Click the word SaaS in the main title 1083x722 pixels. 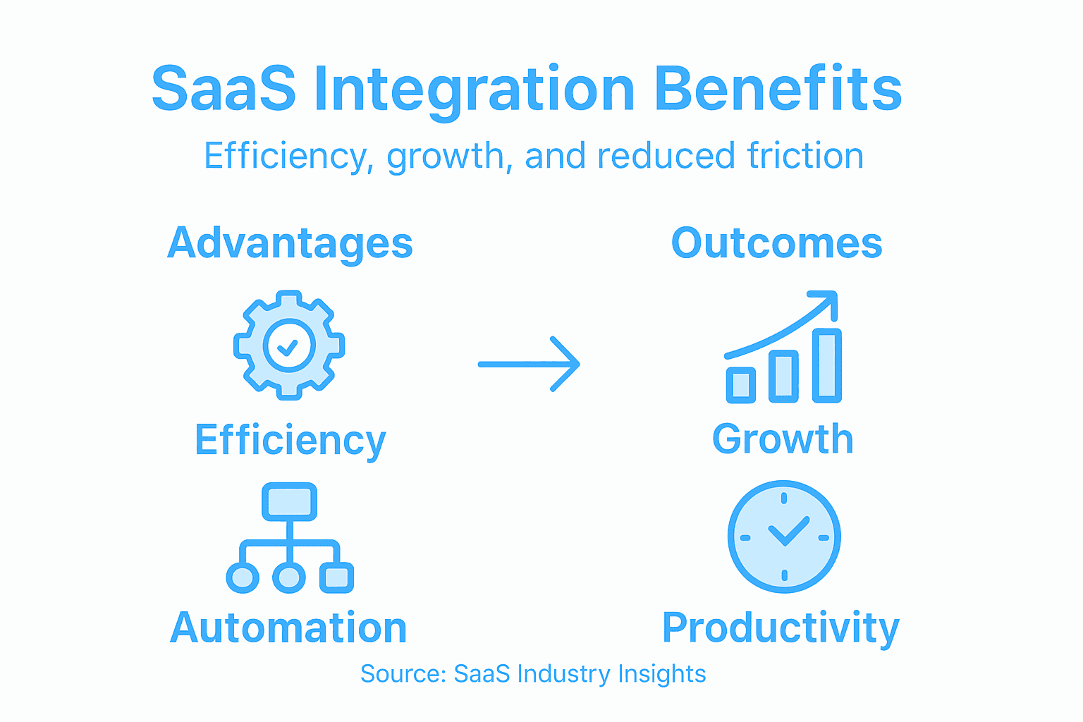click(224, 90)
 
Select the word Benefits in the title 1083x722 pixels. click(778, 90)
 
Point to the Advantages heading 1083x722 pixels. click(290, 244)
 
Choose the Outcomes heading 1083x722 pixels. click(776, 244)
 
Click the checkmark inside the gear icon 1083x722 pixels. click(288, 346)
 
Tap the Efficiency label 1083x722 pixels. click(290, 441)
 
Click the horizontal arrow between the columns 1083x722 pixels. click(529, 364)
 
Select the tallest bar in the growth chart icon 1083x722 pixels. click(826, 365)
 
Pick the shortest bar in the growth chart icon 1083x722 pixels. click(740, 385)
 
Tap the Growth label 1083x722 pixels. click(782, 439)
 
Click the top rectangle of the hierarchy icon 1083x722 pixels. click(289, 501)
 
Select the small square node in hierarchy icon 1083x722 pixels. click(336, 577)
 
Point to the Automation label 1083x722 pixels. click(288, 628)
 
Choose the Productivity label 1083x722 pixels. click(781, 628)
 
